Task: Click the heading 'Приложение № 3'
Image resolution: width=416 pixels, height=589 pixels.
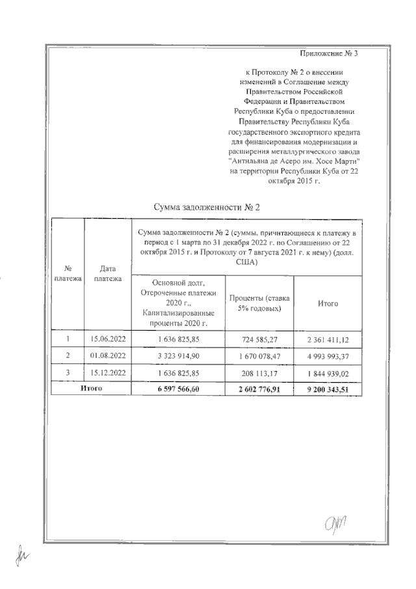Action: pos(330,53)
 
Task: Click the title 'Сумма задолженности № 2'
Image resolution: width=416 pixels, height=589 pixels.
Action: pos(207,208)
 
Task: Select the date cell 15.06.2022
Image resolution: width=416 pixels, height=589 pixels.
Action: pos(107,338)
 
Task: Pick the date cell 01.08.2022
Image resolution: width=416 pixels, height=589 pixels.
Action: pos(107,355)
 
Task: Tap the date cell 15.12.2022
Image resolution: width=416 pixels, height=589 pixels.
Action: pos(107,373)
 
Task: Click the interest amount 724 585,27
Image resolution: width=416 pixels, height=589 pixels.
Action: pos(259,338)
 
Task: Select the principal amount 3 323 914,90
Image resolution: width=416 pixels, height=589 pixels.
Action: pos(178,355)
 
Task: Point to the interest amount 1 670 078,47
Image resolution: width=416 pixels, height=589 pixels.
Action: pos(259,355)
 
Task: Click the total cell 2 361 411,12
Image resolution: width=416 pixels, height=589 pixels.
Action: pos(328,338)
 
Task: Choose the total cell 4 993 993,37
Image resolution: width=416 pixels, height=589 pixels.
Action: pos(328,355)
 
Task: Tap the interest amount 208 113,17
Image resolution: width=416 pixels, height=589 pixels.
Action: pos(259,373)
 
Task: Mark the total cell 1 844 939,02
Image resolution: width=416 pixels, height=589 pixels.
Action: pos(328,373)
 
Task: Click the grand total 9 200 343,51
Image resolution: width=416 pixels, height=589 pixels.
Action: pos(328,389)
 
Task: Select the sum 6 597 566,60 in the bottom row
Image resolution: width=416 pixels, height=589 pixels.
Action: pos(178,389)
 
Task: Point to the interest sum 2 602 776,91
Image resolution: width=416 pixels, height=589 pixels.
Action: pos(259,389)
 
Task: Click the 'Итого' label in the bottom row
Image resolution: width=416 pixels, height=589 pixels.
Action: pos(91,388)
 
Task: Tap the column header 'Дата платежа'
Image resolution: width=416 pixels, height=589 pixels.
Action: pos(107,274)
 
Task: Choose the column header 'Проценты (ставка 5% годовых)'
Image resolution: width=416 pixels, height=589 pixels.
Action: pos(259,303)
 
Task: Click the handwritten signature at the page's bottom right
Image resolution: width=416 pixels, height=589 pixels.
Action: pos(337,521)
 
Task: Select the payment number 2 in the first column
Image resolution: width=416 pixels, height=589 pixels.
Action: pos(68,355)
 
